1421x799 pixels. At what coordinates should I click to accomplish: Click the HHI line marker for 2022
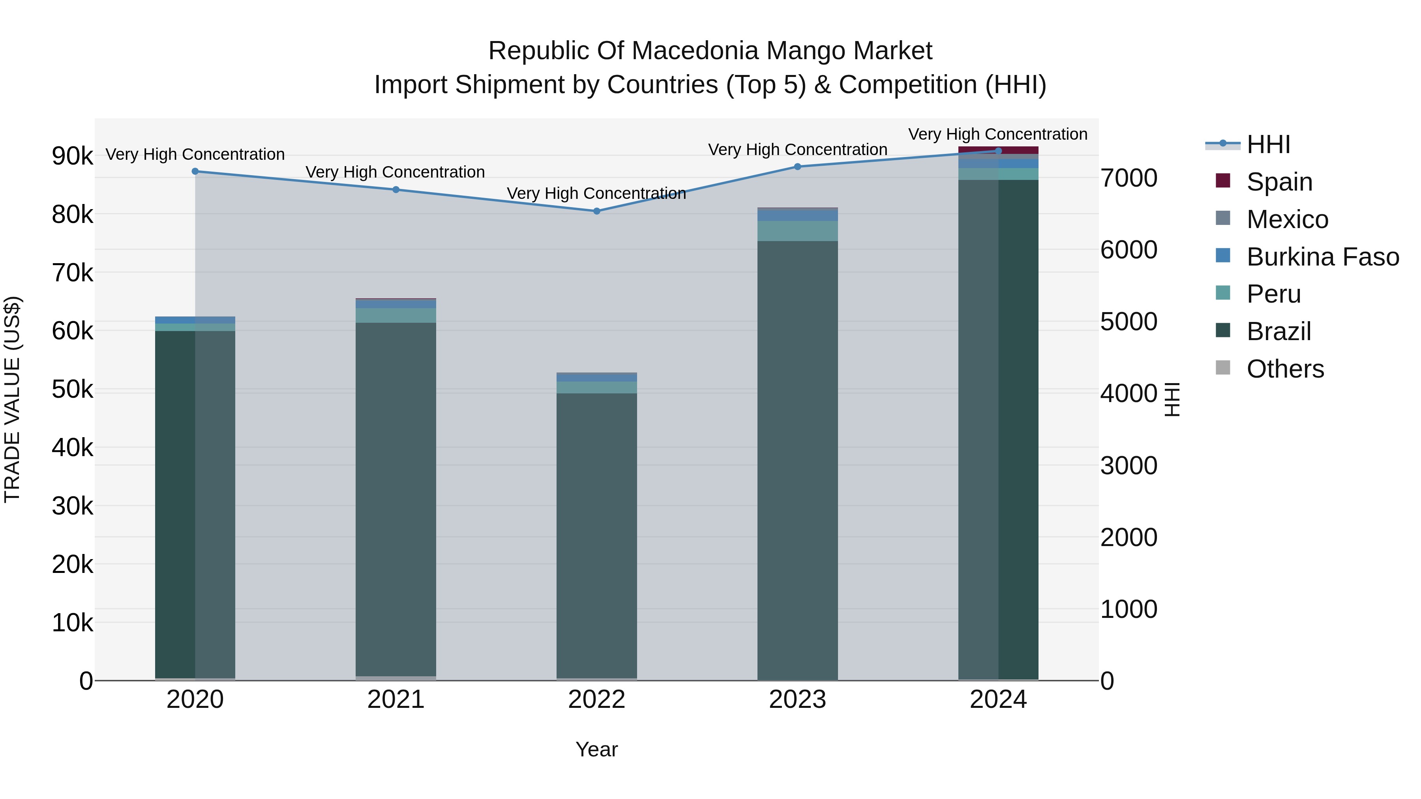(x=596, y=211)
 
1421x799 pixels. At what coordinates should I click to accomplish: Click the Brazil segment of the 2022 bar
(x=596, y=535)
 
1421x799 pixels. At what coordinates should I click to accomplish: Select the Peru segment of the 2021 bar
(x=396, y=315)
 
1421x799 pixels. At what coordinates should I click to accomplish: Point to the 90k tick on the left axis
(x=72, y=156)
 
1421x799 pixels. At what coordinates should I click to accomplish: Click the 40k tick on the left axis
(x=72, y=448)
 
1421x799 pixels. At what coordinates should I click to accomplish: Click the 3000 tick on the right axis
(x=1129, y=466)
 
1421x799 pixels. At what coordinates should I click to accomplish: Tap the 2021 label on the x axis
(x=396, y=700)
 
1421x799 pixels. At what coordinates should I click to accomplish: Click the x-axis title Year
(x=596, y=749)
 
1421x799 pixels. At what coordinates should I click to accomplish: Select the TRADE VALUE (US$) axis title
(x=12, y=399)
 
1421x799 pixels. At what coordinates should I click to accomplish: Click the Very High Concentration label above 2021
(x=395, y=172)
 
